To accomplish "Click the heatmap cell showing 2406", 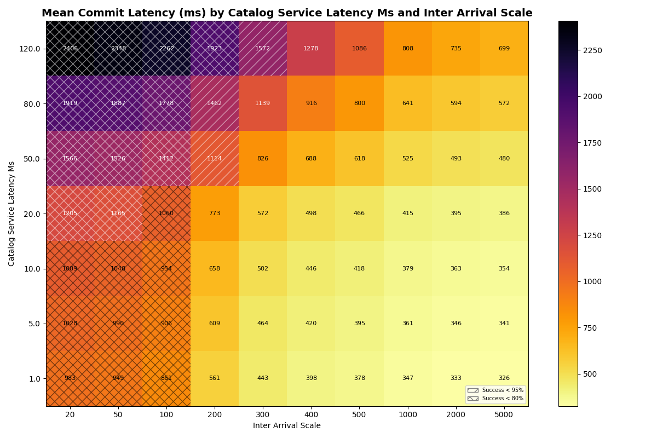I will [70, 49].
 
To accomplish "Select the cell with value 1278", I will [311, 49].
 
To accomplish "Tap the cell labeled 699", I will [504, 49].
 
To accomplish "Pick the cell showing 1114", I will [215, 159].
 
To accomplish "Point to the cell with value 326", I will [504, 378].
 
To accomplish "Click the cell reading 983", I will [70, 378].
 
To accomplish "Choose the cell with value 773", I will [215, 214].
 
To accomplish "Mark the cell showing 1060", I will [166, 214].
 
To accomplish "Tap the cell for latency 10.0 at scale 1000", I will [407, 269].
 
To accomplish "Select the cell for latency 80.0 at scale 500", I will [359, 103].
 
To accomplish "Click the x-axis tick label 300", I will [263, 415].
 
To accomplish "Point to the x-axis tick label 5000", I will [504, 415].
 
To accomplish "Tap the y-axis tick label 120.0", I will [30, 49].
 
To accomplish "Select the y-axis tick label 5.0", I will [33, 324].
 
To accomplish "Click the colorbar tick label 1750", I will [592, 143].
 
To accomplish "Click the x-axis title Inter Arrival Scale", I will [287, 426].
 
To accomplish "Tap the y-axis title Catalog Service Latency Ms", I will [12, 214].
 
